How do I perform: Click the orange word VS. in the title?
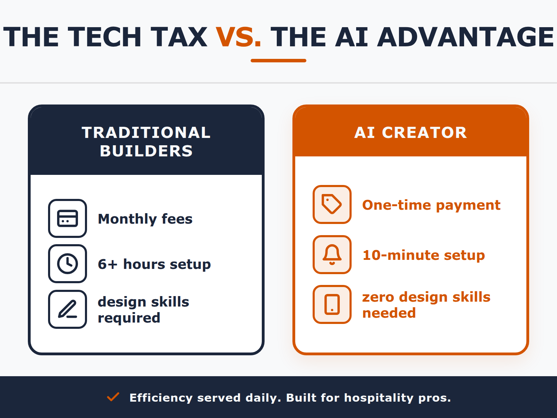point(238,37)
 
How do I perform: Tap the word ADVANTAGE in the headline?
point(465,37)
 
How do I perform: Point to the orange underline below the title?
point(278,61)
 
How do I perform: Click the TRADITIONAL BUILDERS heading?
point(146,141)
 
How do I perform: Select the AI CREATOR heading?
point(411,132)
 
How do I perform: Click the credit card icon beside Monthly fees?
point(68,218)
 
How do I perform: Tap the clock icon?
point(68,264)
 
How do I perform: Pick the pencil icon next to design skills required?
point(68,309)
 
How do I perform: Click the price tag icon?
point(332,204)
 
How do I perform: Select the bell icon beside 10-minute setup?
point(332,255)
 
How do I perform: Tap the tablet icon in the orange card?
point(332,304)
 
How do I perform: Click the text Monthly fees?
point(145,219)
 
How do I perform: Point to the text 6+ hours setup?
point(154,264)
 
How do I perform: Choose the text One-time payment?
point(431,205)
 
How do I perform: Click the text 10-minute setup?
point(424,255)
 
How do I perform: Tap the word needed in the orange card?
point(389,313)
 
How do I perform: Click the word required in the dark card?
point(129,318)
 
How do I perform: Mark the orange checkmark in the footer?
point(113,397)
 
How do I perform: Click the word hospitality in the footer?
point(379,398)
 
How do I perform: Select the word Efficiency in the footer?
point(161,398)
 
